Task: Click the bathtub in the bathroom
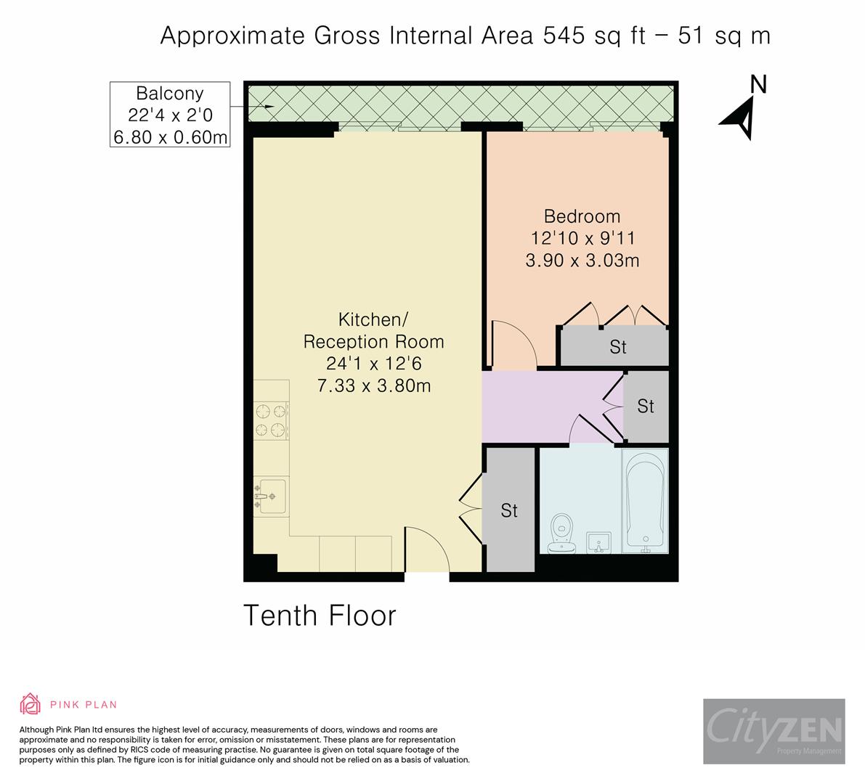pos(644,502)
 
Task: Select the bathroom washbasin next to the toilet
pos(598,542)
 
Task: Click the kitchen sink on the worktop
pos(271,497)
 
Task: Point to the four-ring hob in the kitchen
pos(271,420)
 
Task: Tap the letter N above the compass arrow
pos(758,84)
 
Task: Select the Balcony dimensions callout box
pos(170,115)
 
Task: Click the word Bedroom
pos(582,216)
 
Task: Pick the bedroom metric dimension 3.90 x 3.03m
pos(582,260)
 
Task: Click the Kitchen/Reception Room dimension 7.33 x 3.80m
pos(374,385)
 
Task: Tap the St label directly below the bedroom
pos(617,347)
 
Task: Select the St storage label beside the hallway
pos(646,407)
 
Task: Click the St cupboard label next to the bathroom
pos(509,511)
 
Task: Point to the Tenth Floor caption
pos(320,616)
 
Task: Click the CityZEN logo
pos(773,730)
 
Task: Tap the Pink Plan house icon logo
pos(31,704)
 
